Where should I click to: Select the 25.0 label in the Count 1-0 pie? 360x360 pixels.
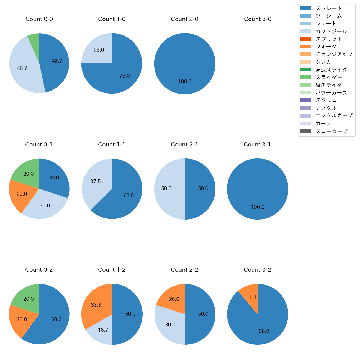tap(99, 50)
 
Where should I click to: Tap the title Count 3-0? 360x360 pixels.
tap(258, 19)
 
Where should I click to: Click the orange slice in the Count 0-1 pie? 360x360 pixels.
tap(22, 195)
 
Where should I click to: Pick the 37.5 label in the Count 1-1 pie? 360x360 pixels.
tap(96, 182)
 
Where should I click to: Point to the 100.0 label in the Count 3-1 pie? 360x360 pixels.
tap(258, 207)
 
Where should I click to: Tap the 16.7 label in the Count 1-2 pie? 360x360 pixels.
tap(103, 330)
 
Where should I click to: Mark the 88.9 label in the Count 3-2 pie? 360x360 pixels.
tap(264, 331)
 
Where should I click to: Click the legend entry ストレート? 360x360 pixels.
tap(329, 8)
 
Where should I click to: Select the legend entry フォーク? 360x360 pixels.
tap(326, 47)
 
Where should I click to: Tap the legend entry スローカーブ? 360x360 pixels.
tap(331, 131)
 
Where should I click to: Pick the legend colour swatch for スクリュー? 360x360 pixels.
tap(305, 100)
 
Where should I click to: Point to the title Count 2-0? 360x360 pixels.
tap(185, 19)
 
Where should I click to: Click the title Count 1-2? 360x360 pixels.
tap(112, 270)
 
